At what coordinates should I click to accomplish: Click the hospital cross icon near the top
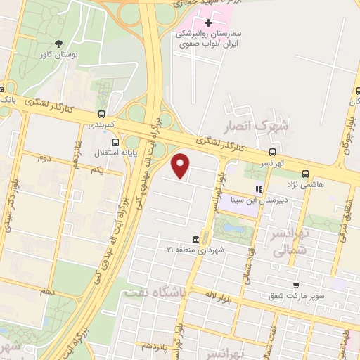207,22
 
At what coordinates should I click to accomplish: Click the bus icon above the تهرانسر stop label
272,152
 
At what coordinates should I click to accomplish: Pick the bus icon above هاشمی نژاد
304,173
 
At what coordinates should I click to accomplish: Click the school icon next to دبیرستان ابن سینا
259,189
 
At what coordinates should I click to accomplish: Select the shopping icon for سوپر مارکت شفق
297,285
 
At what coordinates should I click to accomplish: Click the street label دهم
47,289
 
